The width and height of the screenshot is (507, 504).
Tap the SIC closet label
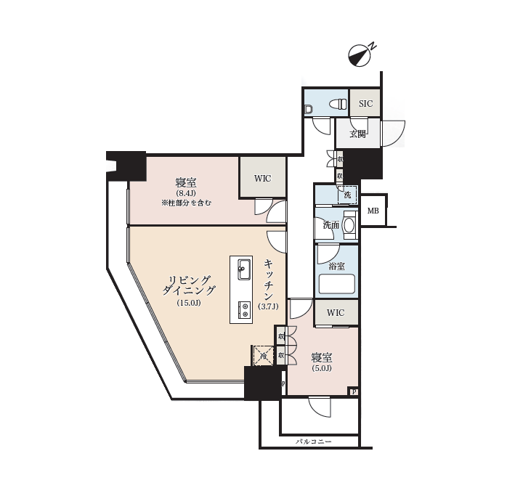pos(365,104)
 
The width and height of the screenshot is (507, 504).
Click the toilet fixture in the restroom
pos(339,105)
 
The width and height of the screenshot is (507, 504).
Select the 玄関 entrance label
pos(357,134)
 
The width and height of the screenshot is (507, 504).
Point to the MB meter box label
pos(373,211)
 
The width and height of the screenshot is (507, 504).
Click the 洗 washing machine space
pos(347,195)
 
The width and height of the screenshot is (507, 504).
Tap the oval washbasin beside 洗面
pos(349,225)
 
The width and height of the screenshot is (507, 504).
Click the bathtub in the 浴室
pos(336,284)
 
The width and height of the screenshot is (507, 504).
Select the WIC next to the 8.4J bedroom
pos(262,178)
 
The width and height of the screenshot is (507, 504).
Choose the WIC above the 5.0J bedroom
pos(336,313)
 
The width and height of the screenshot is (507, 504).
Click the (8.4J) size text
pos(186,193)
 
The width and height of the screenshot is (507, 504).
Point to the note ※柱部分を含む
pos(186,203)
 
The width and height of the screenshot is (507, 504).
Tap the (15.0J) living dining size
pos(188,303)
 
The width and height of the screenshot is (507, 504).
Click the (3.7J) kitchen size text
pos(268,307)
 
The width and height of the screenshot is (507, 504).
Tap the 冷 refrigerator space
pos(262,356)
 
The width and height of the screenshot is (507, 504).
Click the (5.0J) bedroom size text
pos(322,368)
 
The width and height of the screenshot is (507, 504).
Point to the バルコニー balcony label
pos(314,442)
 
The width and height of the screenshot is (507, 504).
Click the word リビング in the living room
pos(189,280)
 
